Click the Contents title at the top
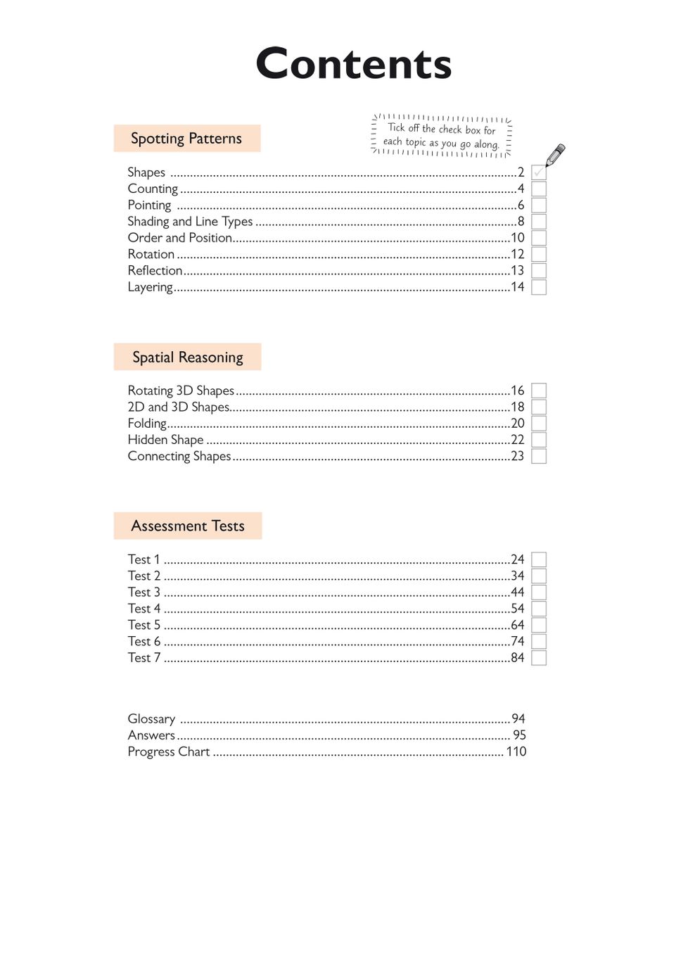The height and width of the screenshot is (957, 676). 353,64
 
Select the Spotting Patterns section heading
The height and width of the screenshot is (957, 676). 186,139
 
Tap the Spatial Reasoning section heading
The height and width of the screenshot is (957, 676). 188,357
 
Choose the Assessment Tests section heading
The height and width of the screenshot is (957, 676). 188,526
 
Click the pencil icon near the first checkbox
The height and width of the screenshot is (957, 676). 555,155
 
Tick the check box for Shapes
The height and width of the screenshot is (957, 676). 539,172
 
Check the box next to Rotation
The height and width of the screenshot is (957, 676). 539,254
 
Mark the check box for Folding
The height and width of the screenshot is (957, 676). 539,424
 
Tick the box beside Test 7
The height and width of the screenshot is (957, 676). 539,658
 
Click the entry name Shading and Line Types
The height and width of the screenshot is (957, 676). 190,222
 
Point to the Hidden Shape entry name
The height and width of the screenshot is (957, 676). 165,440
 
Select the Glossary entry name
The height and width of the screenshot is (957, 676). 151,719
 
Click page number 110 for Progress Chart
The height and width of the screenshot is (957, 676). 516,752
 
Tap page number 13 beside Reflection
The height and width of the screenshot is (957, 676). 518,271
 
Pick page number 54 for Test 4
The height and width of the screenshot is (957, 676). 518,609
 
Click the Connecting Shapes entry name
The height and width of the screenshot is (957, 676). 179,457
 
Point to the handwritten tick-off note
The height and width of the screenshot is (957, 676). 442,136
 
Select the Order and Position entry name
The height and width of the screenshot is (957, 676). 180,238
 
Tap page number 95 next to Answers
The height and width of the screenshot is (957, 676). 519,735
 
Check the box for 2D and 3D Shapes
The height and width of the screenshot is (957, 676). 539,407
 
